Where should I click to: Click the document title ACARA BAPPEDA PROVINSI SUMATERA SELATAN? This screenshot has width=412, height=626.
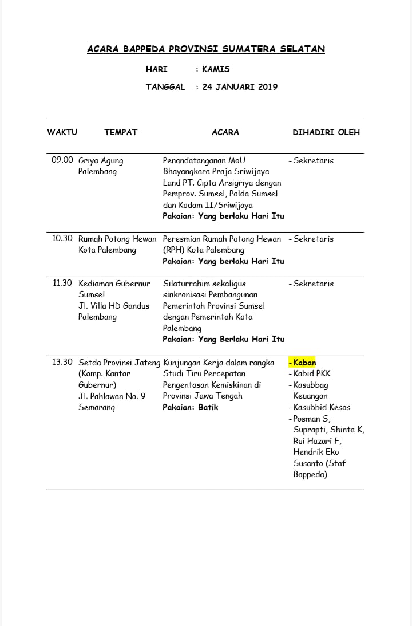click(x=206, y=49)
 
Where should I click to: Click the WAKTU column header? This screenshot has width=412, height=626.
click(x=62, y=132)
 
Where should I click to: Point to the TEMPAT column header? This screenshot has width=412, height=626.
click(x=121, y=132)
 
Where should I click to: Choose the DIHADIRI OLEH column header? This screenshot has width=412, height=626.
click(x=326, y=132)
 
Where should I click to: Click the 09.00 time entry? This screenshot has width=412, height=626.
click(x=62, y=160)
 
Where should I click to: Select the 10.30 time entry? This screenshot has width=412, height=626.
click(x=62, y=239)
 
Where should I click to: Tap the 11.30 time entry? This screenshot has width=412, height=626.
click(x=62, y=283)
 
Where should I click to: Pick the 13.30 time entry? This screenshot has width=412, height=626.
click(x=62, y=362)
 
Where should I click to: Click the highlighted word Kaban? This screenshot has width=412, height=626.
click(x=304, y=363)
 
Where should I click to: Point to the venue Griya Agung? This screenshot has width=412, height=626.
click(x=101, y=160)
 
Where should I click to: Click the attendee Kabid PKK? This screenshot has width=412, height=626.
click(x=312, y=373)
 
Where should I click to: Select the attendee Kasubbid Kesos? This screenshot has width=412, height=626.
click(x=322, y=407)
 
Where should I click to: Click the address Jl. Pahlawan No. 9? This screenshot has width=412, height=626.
click(x=112, y=396)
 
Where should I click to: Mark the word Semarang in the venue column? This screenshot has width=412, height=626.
click(x=97, y=407)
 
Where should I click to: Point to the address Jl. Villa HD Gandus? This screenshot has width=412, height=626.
click(x=114, y=306)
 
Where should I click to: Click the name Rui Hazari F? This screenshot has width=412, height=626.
click(x=317, y=441)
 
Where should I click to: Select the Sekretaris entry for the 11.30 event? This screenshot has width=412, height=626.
click(x=314, y=284)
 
